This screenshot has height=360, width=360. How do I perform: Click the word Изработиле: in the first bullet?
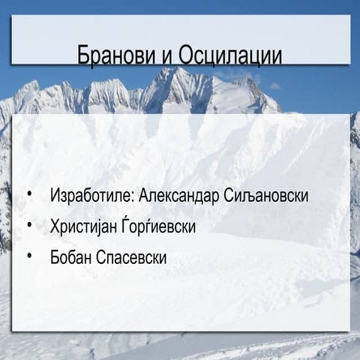pos(91,196)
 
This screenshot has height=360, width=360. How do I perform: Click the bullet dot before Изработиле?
pos(29,195)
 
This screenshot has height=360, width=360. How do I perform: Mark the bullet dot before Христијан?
pos(29,225)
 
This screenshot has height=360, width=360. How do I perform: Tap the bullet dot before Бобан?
pos(29,256)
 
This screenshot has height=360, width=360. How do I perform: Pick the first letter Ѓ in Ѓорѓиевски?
pos(129,226)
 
